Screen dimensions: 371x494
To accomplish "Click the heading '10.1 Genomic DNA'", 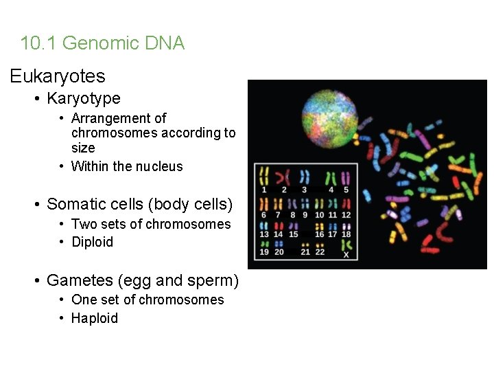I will click(x=102, y=43).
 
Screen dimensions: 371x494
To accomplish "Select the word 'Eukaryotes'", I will click(x=58, y=76).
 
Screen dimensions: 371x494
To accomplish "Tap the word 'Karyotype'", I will click(x=83, y=98).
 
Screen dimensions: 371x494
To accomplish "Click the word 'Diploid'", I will click(x=92, y=242).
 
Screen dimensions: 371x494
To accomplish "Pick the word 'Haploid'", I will click(x=95, y=318).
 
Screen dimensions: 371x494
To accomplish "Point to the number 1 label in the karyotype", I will click(x=264, y=190).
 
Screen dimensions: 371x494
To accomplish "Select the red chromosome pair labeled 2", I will click(x=283, y=177).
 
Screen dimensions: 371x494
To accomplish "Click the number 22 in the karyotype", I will click(x=320, y=252).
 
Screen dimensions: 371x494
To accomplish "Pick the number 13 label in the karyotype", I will click(x=264, y=234).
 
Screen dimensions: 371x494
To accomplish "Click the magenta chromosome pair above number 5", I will click(x=346, y=177).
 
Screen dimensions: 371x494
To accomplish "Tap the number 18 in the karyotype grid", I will click(x=346, y=234).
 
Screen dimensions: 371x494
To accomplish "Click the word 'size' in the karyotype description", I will click(x=83, y=148).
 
